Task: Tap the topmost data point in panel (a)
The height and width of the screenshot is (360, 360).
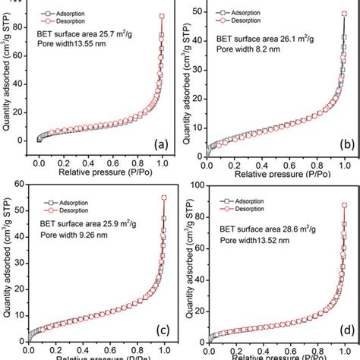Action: [162, 16]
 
